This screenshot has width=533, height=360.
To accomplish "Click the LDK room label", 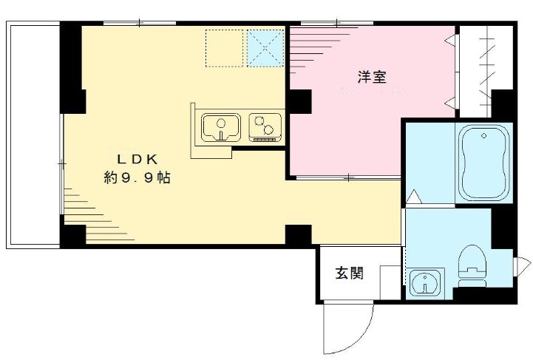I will pos(136,158).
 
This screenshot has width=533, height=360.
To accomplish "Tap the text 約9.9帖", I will pos(137,178).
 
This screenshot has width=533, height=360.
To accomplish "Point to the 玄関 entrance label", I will pos(350,273).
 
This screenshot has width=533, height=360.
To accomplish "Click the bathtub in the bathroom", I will pos(484,163).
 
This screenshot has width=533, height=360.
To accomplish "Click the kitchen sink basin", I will pos(221,128).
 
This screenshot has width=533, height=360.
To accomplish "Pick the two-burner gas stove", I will pos(265,126).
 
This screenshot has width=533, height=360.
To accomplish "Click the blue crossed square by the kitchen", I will pos(265,48).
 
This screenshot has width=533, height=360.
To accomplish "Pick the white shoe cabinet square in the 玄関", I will pos(390,282).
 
